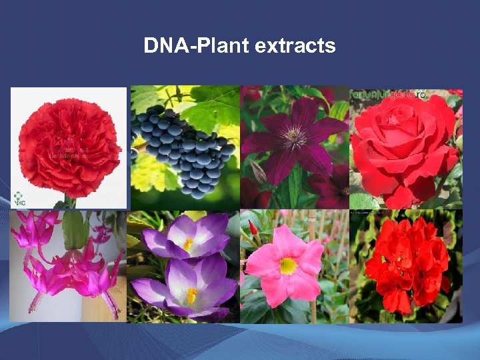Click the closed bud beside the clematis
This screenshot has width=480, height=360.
(x=257, y=173)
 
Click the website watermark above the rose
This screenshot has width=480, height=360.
(x=392, y=95)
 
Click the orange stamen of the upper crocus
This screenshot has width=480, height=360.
(x=189, y=244)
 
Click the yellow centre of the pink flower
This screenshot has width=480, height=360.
(x=289, y=266)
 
